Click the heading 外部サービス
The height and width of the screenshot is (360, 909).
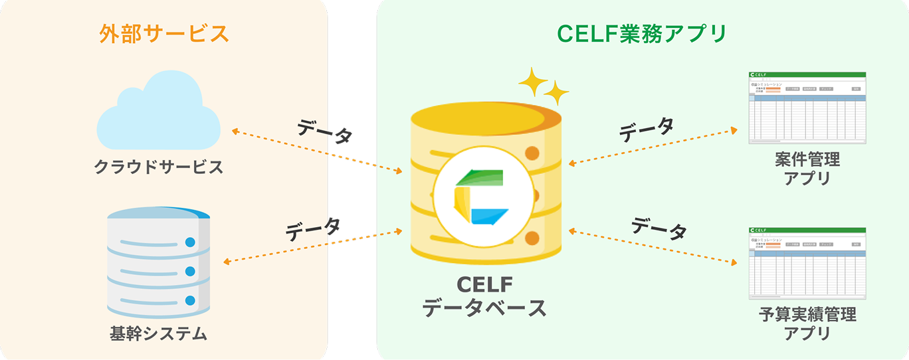(x=163, y=33)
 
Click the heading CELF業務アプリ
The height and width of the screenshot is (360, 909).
(x=641, y=33)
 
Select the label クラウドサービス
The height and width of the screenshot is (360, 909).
(x=159, y=166)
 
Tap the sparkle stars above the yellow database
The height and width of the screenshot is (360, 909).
(x=542, y=86)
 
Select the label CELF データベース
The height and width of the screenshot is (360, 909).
(x=484, y=296)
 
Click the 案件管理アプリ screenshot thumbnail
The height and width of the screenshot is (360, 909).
(x=807, y=108)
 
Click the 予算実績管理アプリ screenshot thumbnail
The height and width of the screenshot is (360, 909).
(x=807, y=262)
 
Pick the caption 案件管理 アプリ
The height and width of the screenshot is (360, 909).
(x=807, y=169)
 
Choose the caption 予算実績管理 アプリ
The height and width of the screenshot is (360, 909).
(x=807, y=323)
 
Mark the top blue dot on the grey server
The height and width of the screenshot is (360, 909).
(x=191, y=242)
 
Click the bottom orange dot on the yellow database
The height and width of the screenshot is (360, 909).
(x=532, y=238)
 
